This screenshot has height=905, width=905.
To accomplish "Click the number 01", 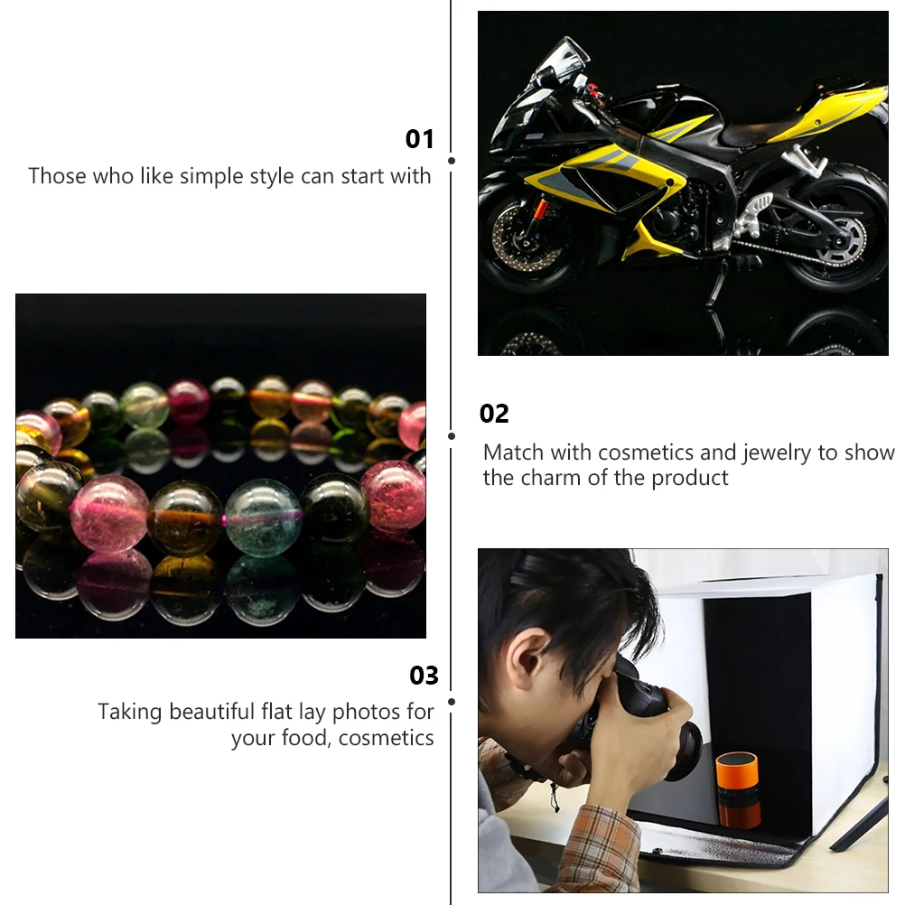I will [420, 139].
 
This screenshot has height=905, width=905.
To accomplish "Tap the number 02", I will [494, 414].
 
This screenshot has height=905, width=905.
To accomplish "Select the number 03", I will [424, 676].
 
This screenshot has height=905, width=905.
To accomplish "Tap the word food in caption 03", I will [307, 738].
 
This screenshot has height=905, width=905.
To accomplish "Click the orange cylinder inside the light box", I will [738, 789].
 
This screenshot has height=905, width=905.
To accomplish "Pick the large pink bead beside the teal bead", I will [109, 513].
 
